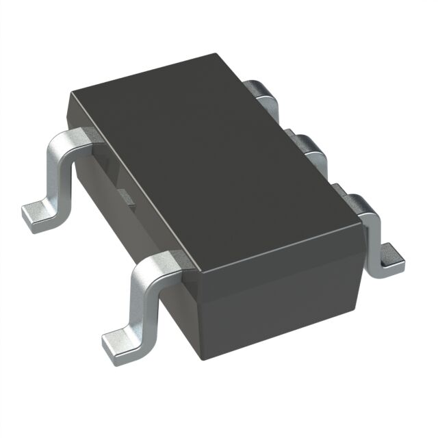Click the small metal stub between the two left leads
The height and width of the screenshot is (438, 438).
click(126, 196)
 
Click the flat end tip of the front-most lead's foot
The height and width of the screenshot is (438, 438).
click(109, 349)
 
